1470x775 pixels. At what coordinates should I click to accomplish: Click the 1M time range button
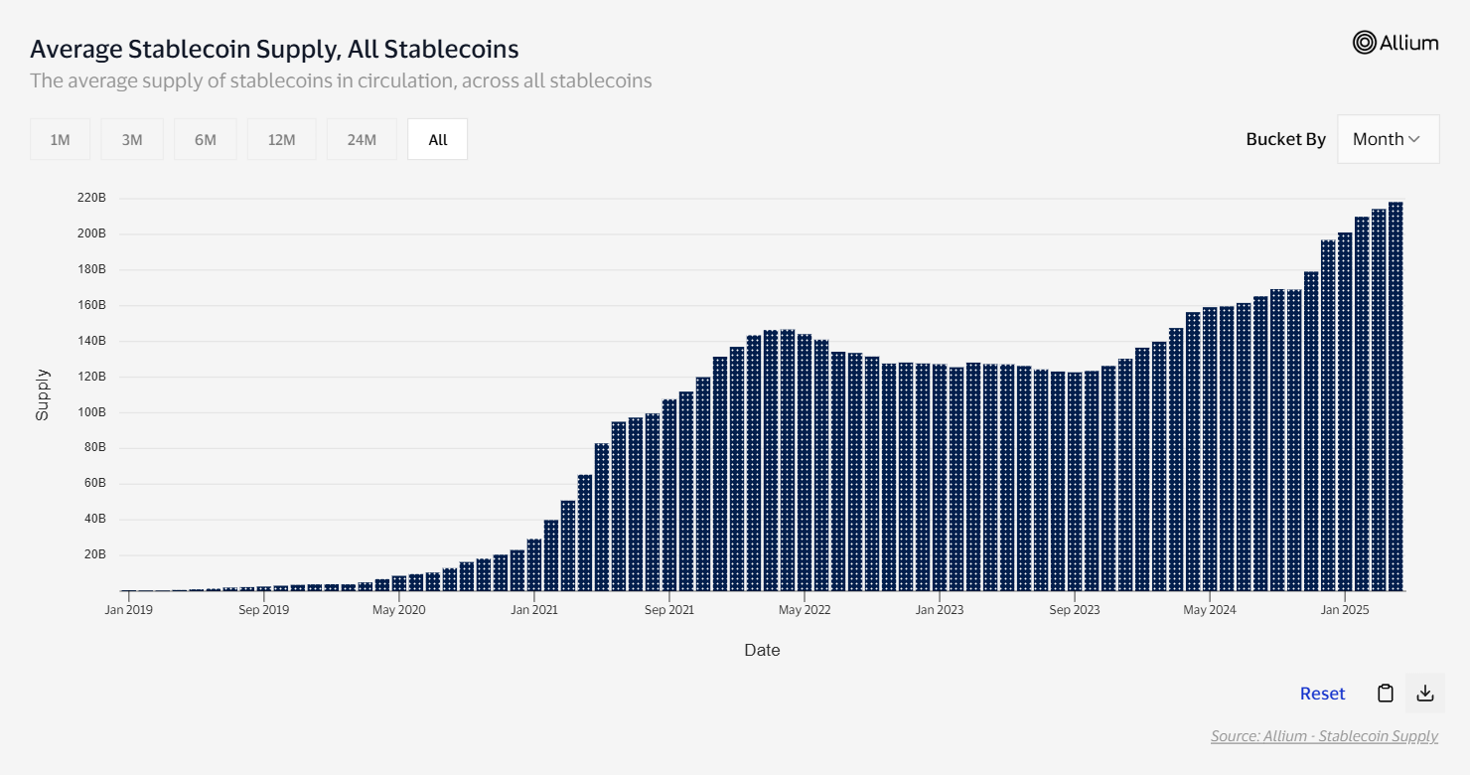[x=60, y=139]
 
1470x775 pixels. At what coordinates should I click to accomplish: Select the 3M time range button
[x=132, y=139]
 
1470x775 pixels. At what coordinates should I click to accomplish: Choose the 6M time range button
[x=206, y=139]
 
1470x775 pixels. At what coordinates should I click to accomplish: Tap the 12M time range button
[x=282, y=139]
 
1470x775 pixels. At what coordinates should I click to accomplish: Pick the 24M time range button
[x=362, y=139]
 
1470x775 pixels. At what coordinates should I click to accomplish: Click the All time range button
[x=438, y=139]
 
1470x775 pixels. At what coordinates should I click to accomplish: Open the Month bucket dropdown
[x=1388, y=139]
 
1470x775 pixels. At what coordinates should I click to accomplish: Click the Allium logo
[x=1396, y=42]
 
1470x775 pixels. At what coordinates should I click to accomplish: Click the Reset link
[x=1322, y=694]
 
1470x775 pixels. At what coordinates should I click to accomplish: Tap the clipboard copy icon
[x=1385, y=694]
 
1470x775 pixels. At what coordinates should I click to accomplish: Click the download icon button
[x=1425, y=694]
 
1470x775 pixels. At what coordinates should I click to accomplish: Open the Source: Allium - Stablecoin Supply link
[x=1324, y=736]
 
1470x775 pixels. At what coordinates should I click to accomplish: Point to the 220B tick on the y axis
[x=91, y=198]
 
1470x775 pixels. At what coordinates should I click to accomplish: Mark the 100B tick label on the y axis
[x=91, y=412]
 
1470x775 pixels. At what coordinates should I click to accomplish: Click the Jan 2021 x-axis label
[x=534, y=610]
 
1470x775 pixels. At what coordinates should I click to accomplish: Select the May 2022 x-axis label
[x=805, y=610]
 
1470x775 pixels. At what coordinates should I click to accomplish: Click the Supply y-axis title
[x=43, y=394]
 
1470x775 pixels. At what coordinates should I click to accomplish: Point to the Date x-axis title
[x=762, y=650]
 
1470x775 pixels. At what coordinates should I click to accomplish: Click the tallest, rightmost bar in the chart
[x=1396, y=397]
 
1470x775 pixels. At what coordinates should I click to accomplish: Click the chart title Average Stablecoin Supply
[x=274, y=49]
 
